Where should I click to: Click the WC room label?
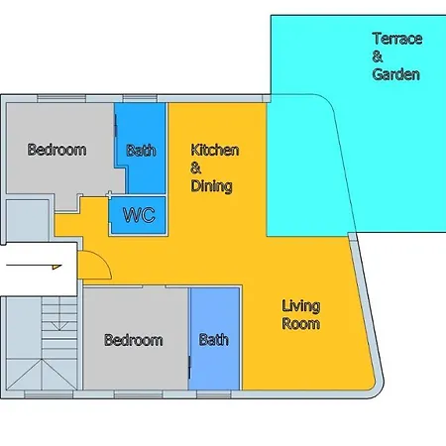point(139,215)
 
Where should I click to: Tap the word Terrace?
point(397,39)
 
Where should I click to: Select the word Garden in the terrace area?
point(396,74)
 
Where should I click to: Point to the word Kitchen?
point(215,150)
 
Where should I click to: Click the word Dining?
point(211,186)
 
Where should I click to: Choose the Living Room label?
point(301,315)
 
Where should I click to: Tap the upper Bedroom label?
point(56,150)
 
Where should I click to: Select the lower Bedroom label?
point(134,340)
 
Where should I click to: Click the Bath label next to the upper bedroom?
point(141,151)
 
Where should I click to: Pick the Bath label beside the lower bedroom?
point(214,340)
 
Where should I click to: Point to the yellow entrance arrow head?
point(56,267)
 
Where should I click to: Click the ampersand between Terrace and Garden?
point(378,56)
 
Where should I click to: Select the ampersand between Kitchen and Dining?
point(195,168)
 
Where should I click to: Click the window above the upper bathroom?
point(140,98)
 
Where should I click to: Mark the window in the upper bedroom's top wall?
point(61,98)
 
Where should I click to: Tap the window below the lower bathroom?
point(214,394)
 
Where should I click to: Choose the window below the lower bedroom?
point(139,394)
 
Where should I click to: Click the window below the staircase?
point(49,394)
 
